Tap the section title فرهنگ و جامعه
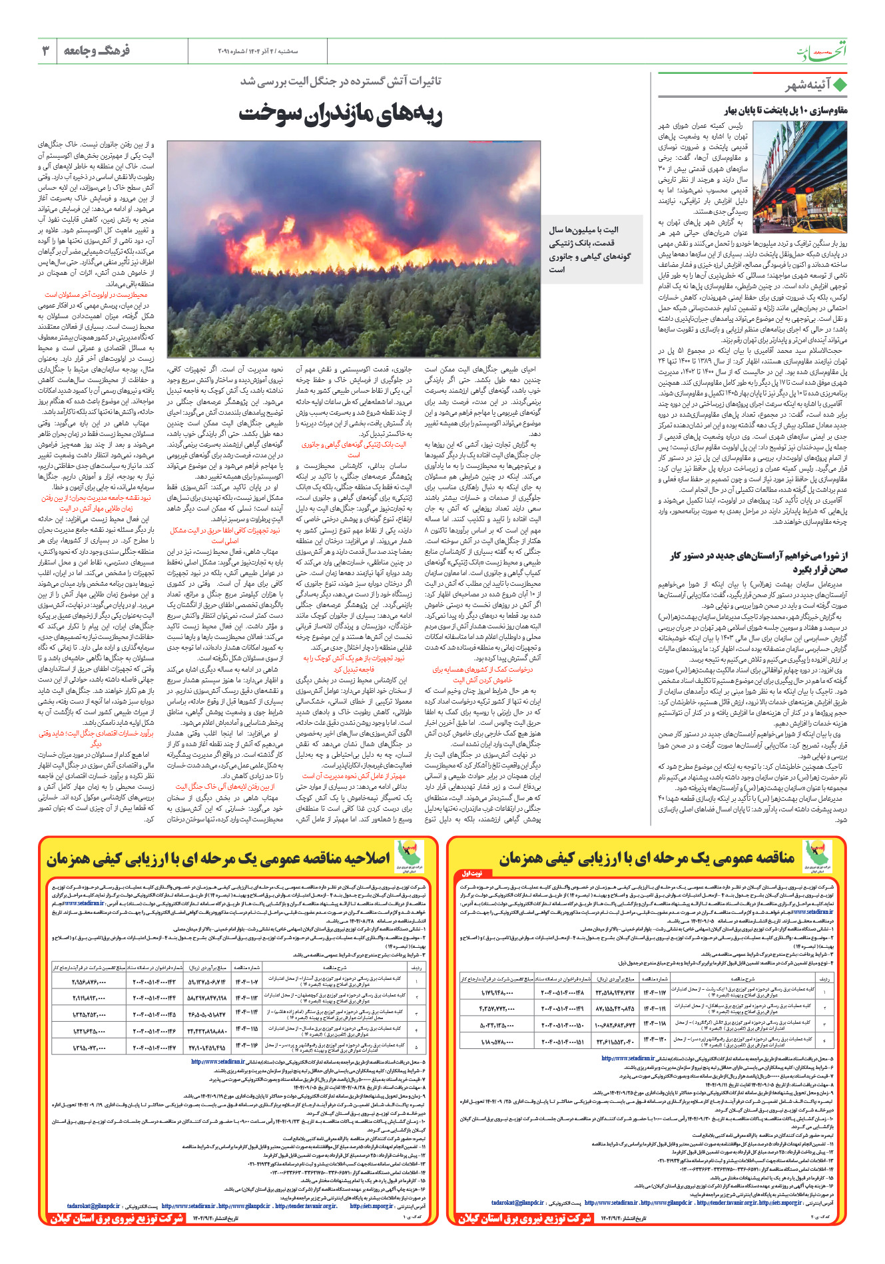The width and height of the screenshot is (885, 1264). click(97, 51)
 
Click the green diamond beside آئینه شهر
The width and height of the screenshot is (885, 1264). click(840, 85)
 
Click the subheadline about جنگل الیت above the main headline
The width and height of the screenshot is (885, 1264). click(341, 81)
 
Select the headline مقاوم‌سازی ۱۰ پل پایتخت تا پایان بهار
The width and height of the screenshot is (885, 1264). click(786, 110)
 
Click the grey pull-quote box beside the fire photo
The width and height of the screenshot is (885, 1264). click(591, 250)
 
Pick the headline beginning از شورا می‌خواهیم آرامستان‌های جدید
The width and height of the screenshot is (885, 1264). click(759, 562)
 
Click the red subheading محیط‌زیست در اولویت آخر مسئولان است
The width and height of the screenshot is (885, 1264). click(97, 294)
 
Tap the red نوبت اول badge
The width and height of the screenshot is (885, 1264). click(472, 873)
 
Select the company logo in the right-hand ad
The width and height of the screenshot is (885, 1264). click(817, 856)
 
